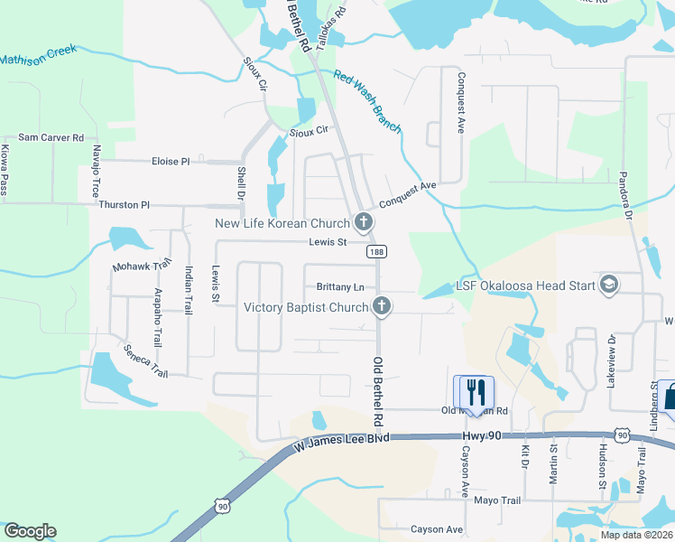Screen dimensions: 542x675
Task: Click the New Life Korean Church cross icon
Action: pyautogui.click(x=363, y=222)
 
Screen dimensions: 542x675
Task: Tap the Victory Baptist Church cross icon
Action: pyautogui.click(x=382, y=307)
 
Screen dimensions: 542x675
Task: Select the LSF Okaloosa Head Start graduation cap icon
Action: pyautogui.click(x=608, y=285)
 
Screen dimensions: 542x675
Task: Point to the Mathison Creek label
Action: pyautogui.click(x=38, y=57)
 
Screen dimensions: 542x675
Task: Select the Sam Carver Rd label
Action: pyautogui.click(x=51, y=137)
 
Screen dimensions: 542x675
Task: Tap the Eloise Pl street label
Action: pyautogui.click(x=171, y=162)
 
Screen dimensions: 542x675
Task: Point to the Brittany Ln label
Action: pyautogui.click(x=340, y=287)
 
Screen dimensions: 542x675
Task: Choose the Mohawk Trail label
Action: pyautogui.click(x=142, y=266)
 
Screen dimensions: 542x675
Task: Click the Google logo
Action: pyautogui.click(x=30, y=531)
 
